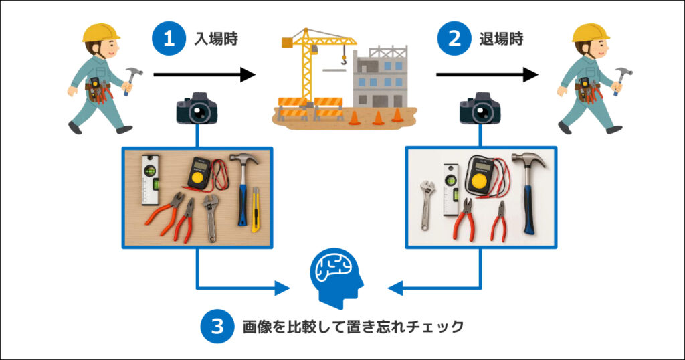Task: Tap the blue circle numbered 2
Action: click(x=454, y=38)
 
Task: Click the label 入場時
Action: click(x=218, y=39)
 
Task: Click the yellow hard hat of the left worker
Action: click(x=100, y=32)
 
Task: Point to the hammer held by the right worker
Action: click(x=621, y=76)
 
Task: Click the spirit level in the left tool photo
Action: click(x=151, y=179)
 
